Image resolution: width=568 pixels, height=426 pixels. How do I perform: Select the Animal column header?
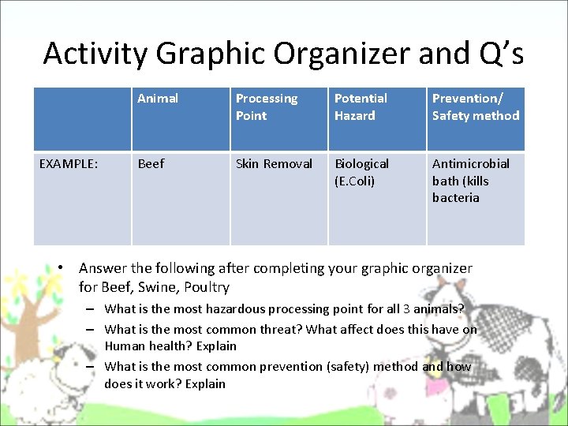pyautogui.click(x=158, y=99)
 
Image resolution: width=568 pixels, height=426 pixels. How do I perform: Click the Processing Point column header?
pyautogui.click(x=267, y=106)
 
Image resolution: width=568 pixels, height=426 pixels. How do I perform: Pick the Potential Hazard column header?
pyautogui.click(x=361, y=106)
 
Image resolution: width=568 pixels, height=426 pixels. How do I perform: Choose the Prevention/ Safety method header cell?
pyautogui.click(x=476, y=106)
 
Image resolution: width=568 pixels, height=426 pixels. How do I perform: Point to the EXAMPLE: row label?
pyautogui.click(x=69, y=163)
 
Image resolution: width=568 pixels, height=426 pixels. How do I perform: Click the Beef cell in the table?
pyautogui.click(x=151, y=163)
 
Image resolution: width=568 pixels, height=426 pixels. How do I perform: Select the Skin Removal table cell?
pyautogui.click(x=274, y=163)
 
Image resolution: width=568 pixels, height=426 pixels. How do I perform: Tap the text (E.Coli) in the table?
pyautogui.click(x=355, y=181)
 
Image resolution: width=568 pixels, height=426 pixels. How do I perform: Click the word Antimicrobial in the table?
pyautogui.click(x=471, y=163)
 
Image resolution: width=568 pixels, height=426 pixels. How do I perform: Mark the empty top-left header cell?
pyautogui.click(x=82, y=118)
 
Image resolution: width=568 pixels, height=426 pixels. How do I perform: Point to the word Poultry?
pyautogui.click(x=207, y=287)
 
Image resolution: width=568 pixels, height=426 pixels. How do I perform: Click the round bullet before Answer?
pyautogui.click(x=62, y=268)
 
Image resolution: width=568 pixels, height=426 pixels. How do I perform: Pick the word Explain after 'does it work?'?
pyautogui.click(x=204, y=383)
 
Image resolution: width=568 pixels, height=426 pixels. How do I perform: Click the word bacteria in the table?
pyautogui.click(x=455, y=198)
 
